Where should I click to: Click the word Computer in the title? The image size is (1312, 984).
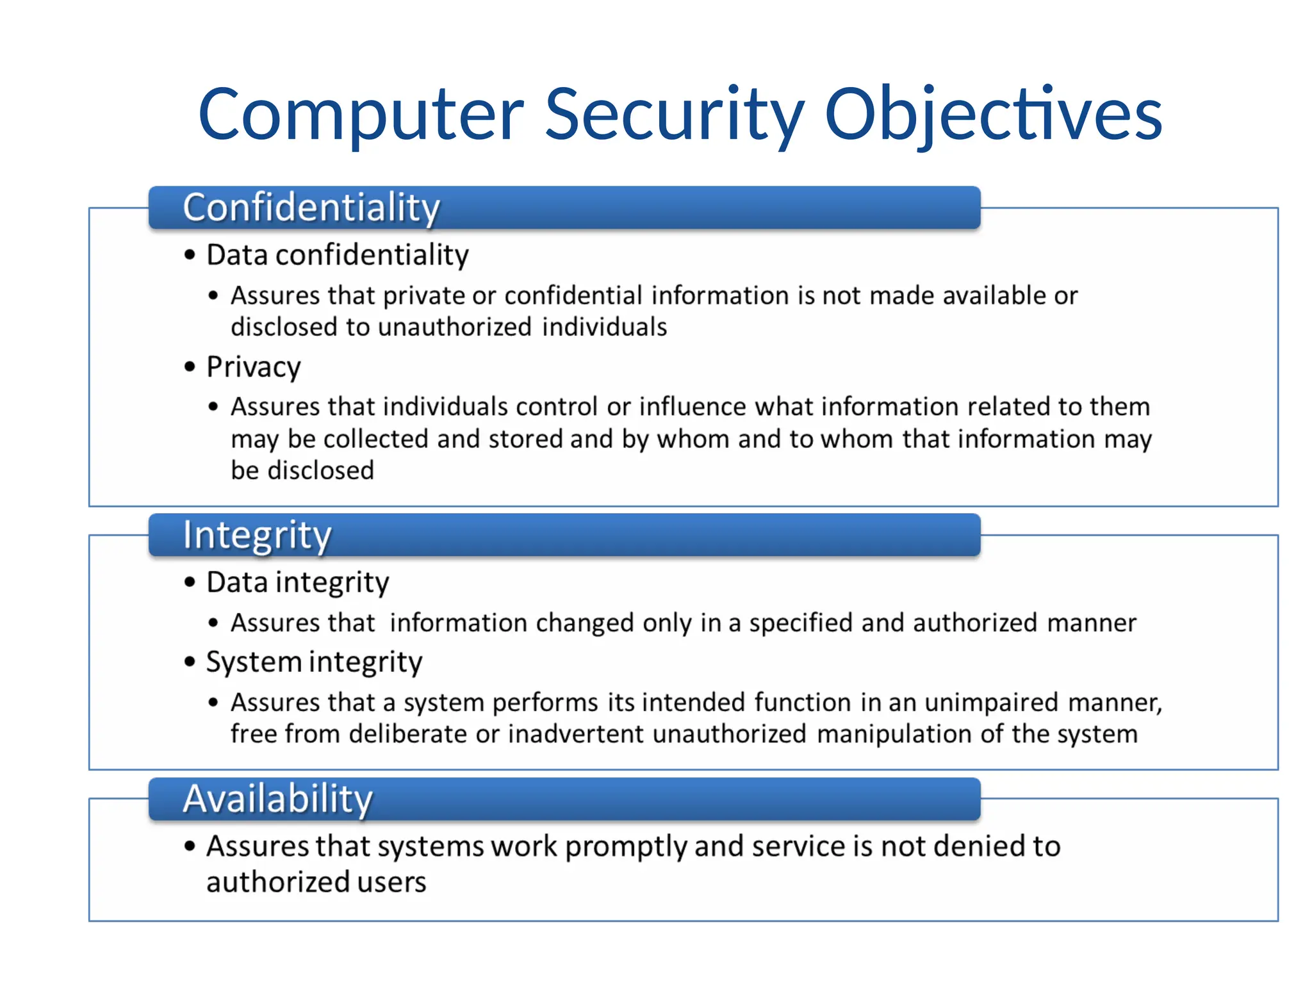pos(361,115)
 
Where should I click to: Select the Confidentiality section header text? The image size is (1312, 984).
pos(311,208)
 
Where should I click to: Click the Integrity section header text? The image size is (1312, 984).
pos(257,535)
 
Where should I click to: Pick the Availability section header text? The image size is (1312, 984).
pos(277,799)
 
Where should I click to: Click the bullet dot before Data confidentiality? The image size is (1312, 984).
pos(190,255)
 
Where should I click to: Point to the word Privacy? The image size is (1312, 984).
pos(253,368)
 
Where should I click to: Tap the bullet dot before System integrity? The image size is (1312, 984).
pos(190,662)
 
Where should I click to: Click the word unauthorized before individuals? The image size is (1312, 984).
pos(454,327)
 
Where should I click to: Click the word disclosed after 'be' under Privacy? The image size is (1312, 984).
pos(320,471)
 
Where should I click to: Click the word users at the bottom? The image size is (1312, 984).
pos(391,882)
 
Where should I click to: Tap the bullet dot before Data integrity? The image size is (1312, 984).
pos(190,582)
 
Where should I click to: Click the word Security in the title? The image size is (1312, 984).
pos(674,115)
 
